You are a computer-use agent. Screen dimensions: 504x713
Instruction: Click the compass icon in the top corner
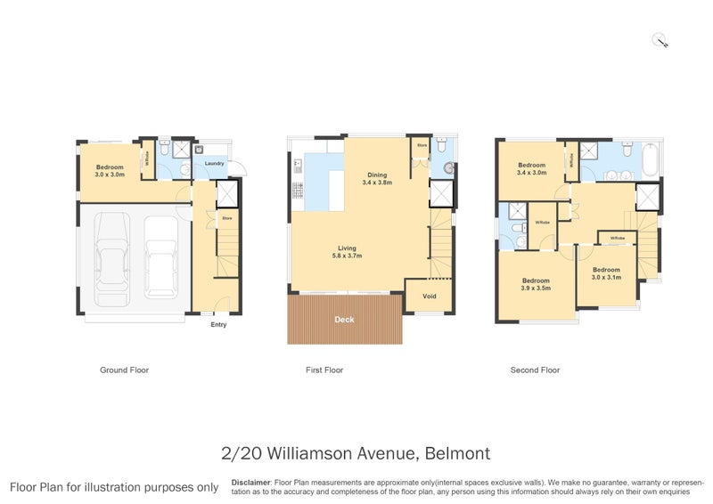click(x=660, y=39)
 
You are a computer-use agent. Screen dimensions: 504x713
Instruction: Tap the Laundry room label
click(x=214, y=164)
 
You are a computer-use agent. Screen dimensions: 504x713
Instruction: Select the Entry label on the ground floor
click(x=218, y=325)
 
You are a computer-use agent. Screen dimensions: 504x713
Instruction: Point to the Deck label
click(x=344, y=319)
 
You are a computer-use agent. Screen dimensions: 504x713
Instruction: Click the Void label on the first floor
click(x=429, y=297)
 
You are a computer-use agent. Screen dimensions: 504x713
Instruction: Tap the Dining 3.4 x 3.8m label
click(x=377, y=178)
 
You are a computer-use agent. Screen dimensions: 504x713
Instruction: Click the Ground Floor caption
click(x=124, y=370)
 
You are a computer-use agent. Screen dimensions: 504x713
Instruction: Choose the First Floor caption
click(x=324, y=370)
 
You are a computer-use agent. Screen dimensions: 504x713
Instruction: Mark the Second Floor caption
click(x=535, y=370)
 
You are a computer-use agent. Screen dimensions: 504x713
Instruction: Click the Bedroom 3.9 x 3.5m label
click(x=536, y=284)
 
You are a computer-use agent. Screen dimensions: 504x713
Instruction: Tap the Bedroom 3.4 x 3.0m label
click(x=532, y=168)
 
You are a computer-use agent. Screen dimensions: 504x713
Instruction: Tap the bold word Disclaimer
click(x=250, y=482)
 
